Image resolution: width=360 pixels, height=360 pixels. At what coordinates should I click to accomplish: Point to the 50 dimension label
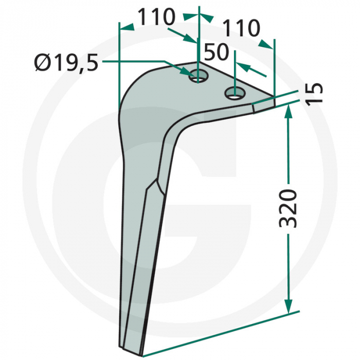coord(218,52)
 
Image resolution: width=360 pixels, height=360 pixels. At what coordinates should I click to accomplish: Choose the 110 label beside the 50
coord(241,28)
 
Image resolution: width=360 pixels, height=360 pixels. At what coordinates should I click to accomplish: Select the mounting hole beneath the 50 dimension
coord(235,94)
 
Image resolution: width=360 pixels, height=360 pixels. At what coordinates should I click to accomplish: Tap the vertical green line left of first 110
coord(119,62)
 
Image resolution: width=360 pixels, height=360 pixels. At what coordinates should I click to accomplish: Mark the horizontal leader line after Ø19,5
coord(134,61)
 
